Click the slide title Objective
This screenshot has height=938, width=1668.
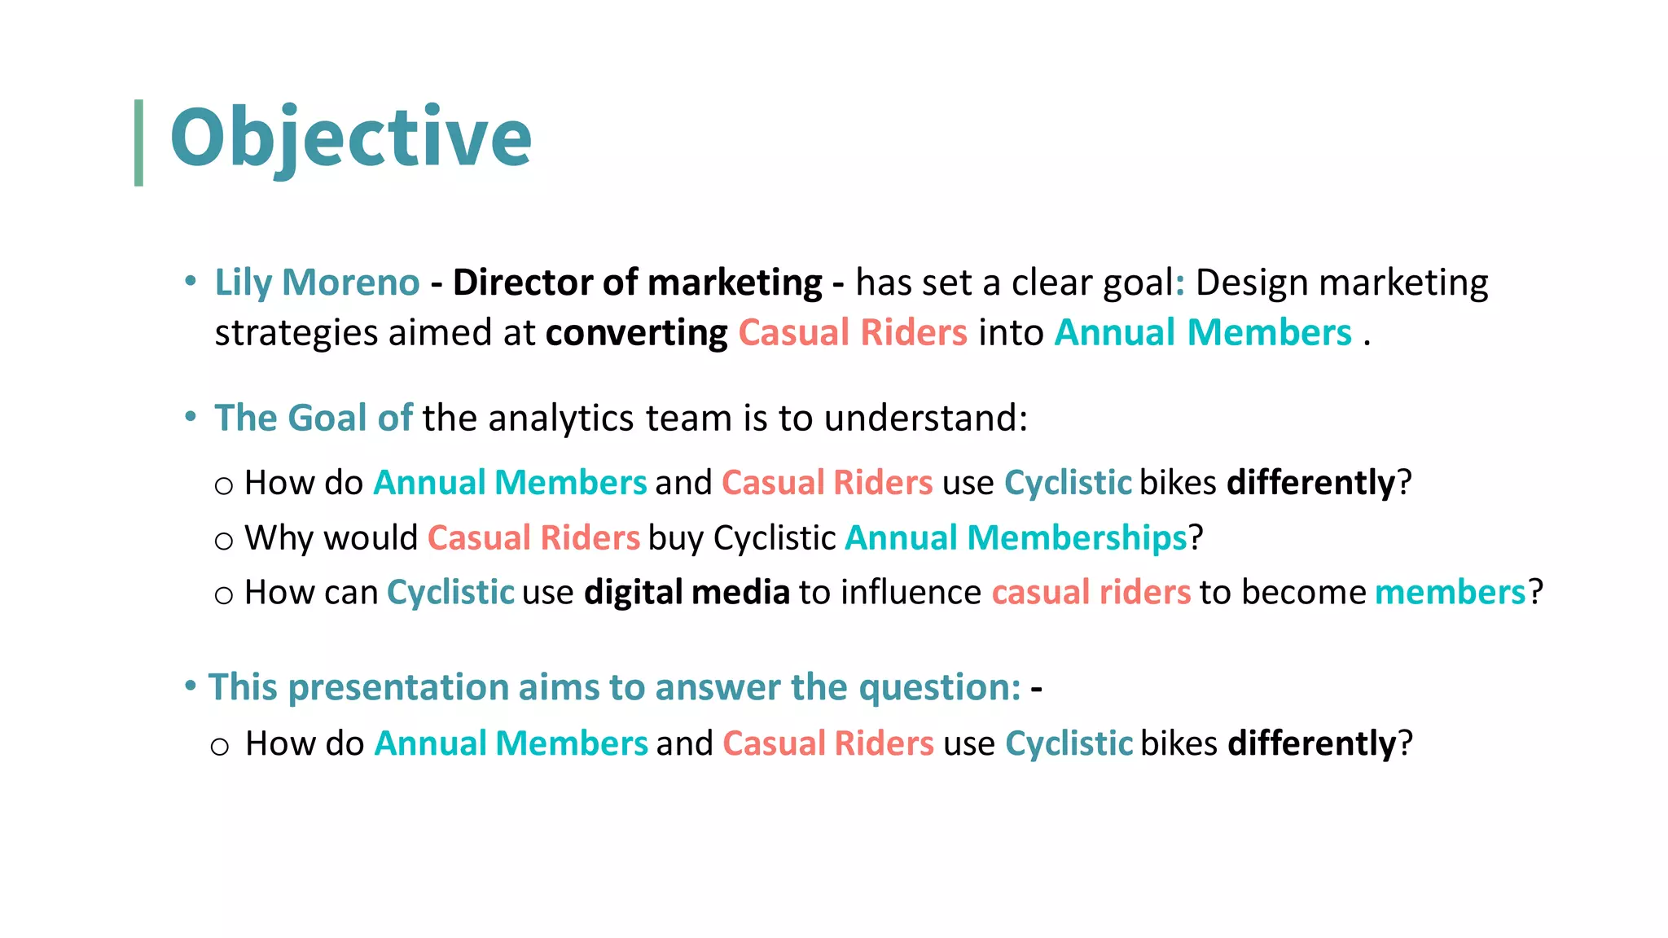350,138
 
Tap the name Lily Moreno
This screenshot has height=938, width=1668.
317,283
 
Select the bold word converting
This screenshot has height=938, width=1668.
636,333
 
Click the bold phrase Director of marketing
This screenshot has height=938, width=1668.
637,283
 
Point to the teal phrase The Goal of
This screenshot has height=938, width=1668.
314,418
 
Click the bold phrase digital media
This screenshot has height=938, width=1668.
687,592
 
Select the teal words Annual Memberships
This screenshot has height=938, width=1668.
1016,537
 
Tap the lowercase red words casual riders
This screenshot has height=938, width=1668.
1091,592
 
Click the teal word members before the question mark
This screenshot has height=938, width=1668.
1450,592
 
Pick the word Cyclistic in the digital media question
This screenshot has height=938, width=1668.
450,592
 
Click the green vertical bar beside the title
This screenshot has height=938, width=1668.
138,142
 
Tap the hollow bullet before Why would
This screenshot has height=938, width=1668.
224,541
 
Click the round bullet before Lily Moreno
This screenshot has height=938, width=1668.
191,282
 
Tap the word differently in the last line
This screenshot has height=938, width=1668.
1311,743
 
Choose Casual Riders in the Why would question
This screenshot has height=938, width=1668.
533,537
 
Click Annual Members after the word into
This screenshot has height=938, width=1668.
1203,333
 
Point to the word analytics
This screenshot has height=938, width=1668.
560,418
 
